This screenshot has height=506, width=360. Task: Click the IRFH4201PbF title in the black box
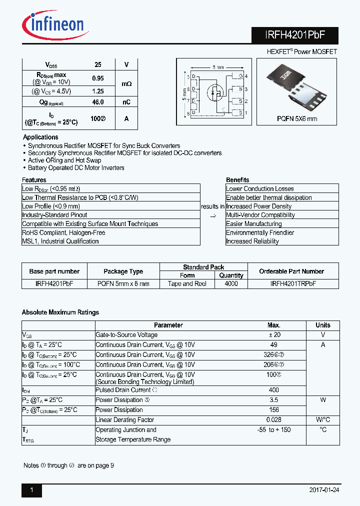pos(295,36)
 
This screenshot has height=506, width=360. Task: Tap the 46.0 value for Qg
pos(98,102)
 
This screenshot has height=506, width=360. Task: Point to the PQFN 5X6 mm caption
pos(297,119)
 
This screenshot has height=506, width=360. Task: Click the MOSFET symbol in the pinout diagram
pos(216,93)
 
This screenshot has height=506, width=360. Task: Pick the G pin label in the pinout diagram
pos(240,76)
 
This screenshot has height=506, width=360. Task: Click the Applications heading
pos(40,137)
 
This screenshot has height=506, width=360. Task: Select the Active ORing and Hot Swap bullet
pos(64,160)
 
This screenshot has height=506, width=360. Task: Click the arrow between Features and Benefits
pos(212,215)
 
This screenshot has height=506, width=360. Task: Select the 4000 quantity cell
pos(231,283)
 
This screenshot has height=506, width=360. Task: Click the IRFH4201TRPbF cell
pos(293,283)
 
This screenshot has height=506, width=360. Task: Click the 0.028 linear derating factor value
pos(273,420)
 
